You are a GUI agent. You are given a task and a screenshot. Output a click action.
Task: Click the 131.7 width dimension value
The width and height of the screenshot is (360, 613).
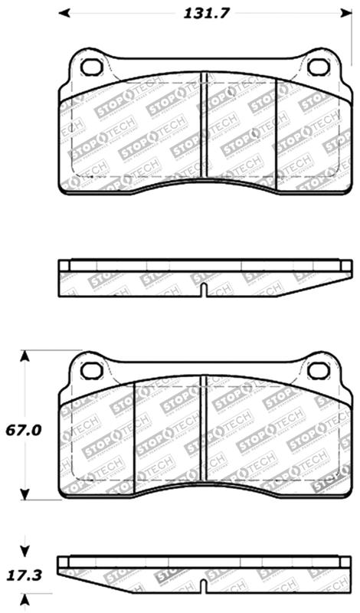coord(208,12)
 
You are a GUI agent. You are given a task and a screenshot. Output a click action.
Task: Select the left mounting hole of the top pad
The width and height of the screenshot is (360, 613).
coord(92,67)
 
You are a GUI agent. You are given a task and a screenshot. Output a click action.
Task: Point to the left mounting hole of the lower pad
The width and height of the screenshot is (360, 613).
coord(92,371)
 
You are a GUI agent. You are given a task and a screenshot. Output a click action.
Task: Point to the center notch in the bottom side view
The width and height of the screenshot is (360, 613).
coord(203,587)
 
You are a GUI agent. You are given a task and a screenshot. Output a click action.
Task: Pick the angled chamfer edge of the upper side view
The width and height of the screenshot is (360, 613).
coord(314,284)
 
